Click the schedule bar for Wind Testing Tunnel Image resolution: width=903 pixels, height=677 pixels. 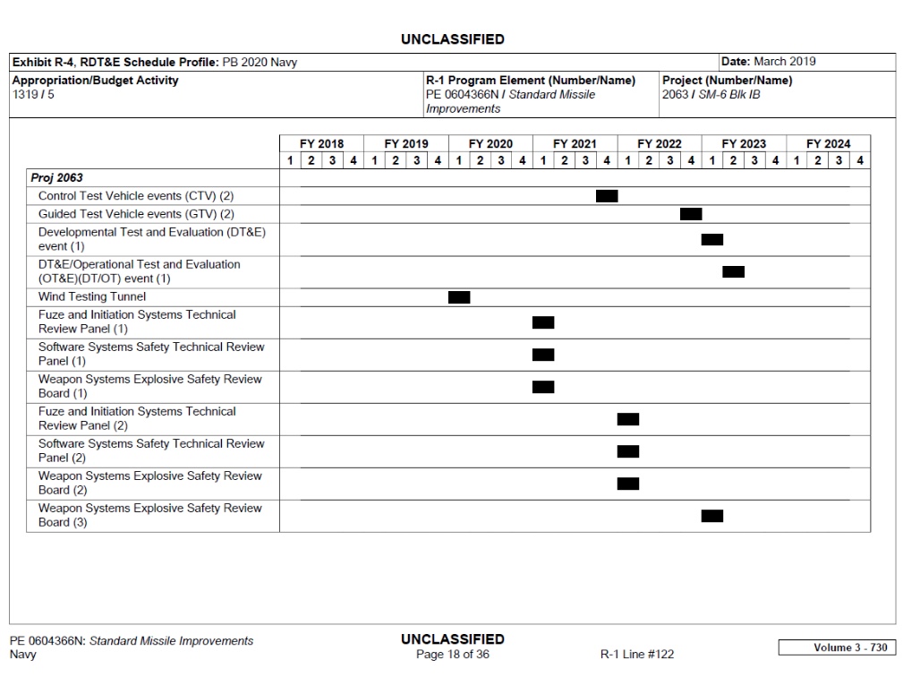[x=459, y=297]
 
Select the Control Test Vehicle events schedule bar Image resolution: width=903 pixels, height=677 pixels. [x=607, y=196]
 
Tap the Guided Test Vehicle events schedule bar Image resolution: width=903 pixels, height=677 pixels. [x=691, y=214]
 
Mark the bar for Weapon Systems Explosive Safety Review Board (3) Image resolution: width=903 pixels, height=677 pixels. [x=712, y=516]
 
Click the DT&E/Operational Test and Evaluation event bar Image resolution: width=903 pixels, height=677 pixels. [x=733, y=272]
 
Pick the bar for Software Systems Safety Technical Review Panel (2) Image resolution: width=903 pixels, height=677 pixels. [x=628, y=451]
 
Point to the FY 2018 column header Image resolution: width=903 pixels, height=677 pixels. [x=321, y=144]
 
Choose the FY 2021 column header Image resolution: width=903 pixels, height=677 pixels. [x=575, y=144]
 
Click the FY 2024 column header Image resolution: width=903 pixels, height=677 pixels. [x=828, y=144]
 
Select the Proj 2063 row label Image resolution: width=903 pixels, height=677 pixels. [x=56, y=178]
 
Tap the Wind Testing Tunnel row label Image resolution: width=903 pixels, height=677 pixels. [x=92, y=296]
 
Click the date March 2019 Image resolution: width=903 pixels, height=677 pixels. [x=784, y=62]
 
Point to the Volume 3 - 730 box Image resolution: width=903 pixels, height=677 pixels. [x=836, y=647]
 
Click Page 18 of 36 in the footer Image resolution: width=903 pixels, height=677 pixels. [x=453, y=655]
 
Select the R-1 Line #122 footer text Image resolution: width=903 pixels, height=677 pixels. [x=637, y=655]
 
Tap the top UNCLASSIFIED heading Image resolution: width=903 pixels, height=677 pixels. [x=452, y=39]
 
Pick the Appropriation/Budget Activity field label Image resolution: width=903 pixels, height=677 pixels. [x=95, y=81]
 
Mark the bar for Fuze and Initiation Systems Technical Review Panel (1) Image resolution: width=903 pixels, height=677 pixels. [x=543, y=322]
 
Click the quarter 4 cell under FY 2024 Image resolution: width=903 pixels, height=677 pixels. [x=859, y=161]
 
